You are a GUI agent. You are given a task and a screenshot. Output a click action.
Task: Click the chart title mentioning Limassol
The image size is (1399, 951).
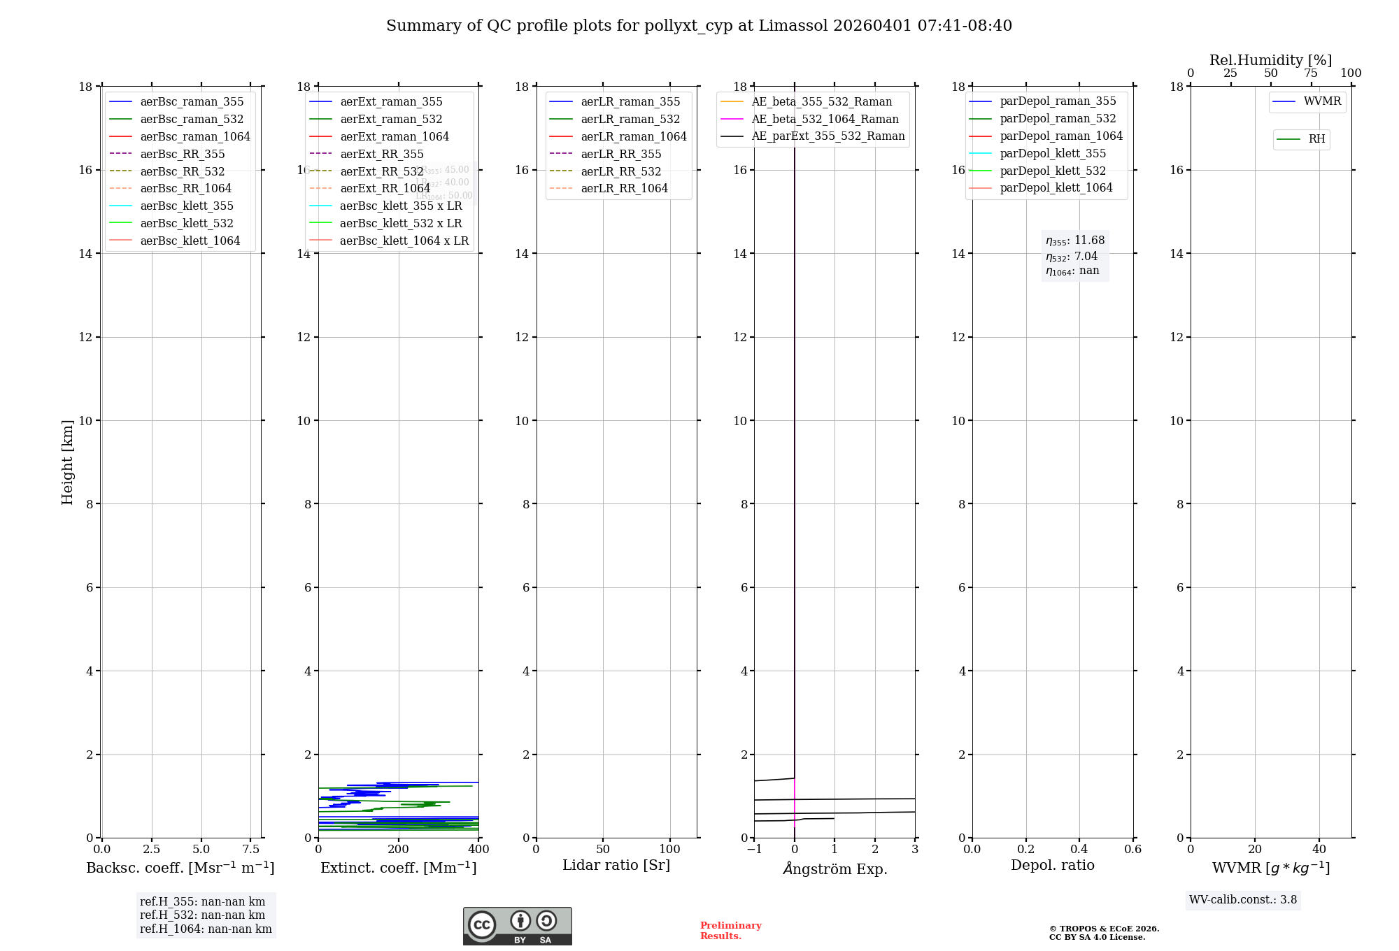coord(699,26)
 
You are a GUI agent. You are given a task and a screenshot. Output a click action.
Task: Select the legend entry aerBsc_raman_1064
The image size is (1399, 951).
coord(194,136)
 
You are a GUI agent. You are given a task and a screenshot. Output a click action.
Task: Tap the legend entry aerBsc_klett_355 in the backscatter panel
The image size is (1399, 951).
coord(186,206)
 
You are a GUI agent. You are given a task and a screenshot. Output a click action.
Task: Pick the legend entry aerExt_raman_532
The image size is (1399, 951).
coord(390,119)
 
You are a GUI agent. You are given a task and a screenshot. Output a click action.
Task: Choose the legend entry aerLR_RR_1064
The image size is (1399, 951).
coord(624,188)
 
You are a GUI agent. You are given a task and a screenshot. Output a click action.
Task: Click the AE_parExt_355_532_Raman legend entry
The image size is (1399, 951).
coord(828,136)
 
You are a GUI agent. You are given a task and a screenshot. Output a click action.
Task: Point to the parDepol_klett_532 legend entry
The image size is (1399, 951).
coord(1052,171)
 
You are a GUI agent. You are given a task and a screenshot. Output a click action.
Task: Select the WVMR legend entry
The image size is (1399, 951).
coord(1321,101)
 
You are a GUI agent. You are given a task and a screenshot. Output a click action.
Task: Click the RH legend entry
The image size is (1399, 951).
coord(1316,139)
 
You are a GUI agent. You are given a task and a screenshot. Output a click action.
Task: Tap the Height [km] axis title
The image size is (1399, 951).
coord(67,462)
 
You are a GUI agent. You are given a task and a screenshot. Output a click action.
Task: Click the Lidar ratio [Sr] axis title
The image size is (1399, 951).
coord(616,865)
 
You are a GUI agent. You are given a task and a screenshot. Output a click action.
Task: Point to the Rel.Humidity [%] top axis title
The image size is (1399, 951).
coord(1270,60)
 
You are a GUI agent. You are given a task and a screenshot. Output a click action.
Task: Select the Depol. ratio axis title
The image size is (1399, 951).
coord(1052,865)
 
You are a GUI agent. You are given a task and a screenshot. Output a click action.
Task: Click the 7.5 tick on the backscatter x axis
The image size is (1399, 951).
coord(250,849)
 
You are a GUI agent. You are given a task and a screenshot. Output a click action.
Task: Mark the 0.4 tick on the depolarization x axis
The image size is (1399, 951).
coord(1079,849)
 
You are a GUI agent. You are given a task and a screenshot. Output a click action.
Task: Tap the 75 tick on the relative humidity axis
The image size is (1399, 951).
coord(1311,73)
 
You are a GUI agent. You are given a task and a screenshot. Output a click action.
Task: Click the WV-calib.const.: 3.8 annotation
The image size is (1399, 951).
coord(1242,900)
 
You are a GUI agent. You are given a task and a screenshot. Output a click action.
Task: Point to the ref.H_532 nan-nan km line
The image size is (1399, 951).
coord(202,915)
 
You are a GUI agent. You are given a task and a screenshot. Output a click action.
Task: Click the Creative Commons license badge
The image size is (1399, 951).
coord(517,927)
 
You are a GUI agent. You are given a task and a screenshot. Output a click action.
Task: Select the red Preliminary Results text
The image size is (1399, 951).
coord(730,931)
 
